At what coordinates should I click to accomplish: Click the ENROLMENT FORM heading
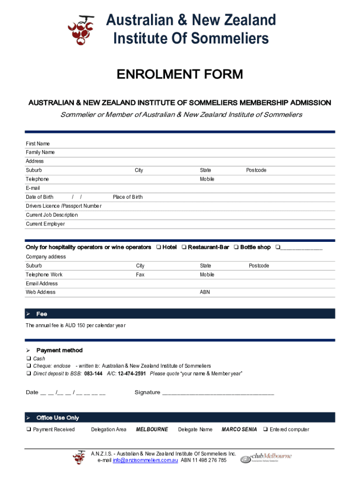(180, 74)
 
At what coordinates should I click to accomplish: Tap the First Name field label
(37, 144)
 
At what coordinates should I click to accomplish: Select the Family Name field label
(40, 152)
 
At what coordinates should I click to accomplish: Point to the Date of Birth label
(39, 197)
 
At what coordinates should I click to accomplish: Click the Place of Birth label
(128, 197)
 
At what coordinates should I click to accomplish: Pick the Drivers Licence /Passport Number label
(63, 206)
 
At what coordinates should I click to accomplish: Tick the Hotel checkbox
(159, 247)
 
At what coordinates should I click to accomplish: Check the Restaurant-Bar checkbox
(184, 247)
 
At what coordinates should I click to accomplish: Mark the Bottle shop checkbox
(237, 247)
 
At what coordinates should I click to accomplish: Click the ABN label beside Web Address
(205, 292)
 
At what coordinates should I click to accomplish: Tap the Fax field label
(140, 275)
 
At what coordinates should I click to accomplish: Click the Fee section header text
(42, 314)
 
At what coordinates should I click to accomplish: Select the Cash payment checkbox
(29, 359)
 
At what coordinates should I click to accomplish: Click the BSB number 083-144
(94, 373)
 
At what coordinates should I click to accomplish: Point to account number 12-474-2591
(132, 373)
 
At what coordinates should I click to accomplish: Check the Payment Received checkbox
(29, 429)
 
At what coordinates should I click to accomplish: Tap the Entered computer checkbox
(266, 429)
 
